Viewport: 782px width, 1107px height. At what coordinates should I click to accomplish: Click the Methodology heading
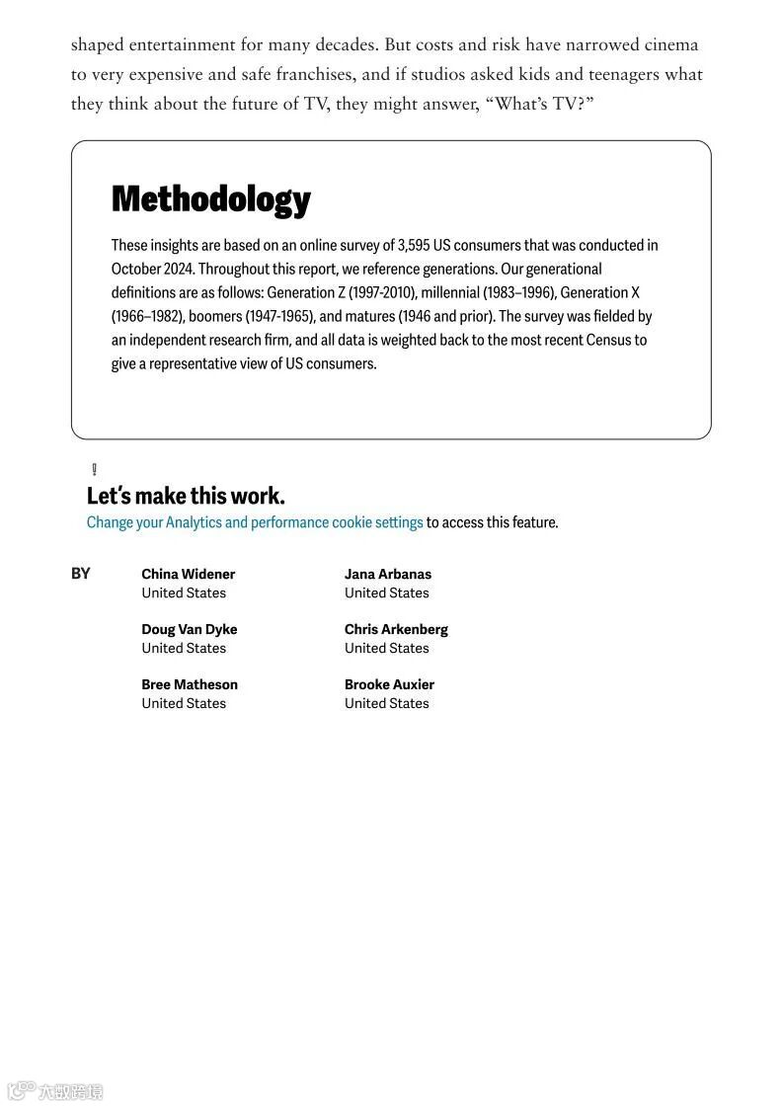pos(210,199)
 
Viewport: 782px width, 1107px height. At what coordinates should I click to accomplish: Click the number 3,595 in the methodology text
pos(414,245)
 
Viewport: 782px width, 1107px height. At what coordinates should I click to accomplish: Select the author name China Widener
pos(188,574)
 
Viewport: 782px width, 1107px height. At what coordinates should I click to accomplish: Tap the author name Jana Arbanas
pos(387,574)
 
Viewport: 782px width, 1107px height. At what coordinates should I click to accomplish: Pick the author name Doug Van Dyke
pos(189,629)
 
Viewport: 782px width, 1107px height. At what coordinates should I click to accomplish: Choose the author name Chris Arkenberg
pos(396,629)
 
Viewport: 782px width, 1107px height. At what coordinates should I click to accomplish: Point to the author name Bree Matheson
pos(189,684)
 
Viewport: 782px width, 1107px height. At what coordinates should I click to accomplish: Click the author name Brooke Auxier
pos(389,684)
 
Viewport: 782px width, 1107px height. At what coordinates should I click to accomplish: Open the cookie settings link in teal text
pos(255,522)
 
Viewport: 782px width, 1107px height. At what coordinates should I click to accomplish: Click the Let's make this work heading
pos(186,496)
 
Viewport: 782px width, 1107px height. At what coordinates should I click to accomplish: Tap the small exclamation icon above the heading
pos(94,469)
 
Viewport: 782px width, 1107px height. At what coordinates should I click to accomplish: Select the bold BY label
pos(80,574)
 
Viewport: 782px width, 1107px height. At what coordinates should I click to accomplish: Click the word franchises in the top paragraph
pos(295,74)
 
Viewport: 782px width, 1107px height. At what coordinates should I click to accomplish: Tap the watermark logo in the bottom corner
pos(54,1091)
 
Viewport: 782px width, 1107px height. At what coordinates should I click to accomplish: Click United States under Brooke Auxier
pos(386,703)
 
